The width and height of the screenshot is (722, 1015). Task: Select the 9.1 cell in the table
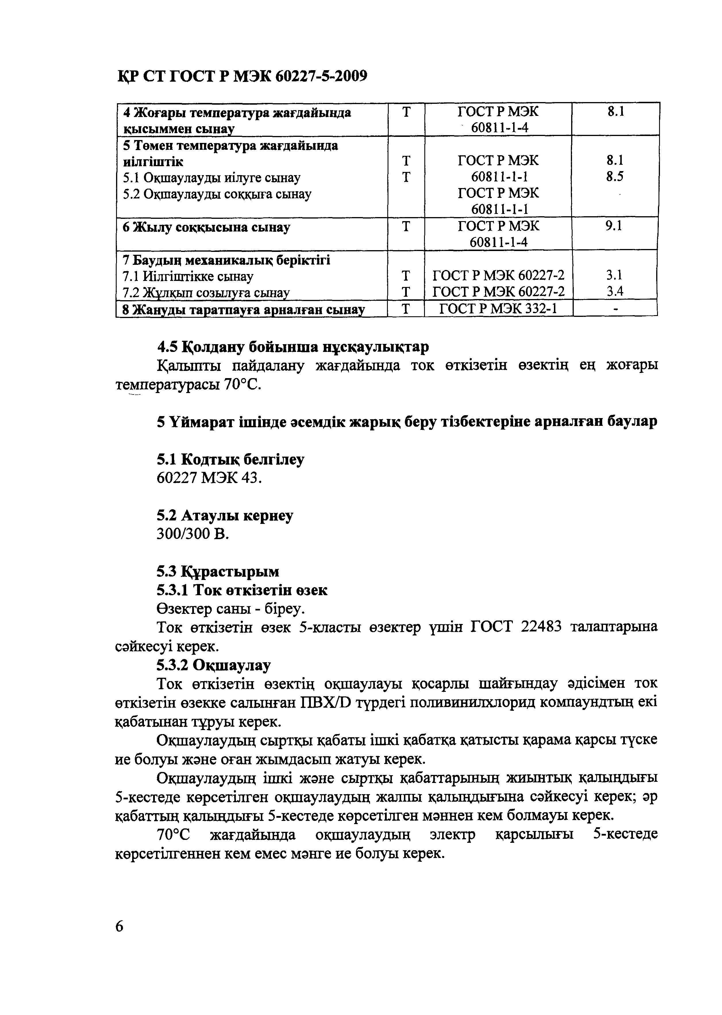coord(614,226)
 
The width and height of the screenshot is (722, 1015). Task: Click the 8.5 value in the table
coord(615,177)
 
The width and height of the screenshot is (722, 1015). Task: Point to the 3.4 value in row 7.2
coord(615,292)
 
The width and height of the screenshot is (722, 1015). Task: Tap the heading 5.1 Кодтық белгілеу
coord(230,459)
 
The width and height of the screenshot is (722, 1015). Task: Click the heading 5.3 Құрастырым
coord(218,571)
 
